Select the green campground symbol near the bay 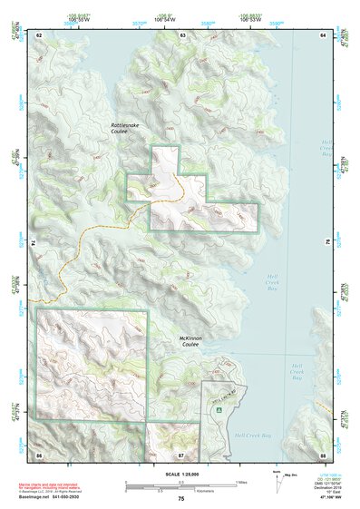coord(218,409)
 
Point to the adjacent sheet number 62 coord(39,34)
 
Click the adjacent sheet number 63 coord(182,34)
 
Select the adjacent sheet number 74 coord(36,243)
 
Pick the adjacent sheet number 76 coord(326,243)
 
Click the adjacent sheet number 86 coord(39,453)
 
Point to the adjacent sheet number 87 coord(181,453)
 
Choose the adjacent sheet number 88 coord(322,453)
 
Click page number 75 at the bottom coord(180,499)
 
